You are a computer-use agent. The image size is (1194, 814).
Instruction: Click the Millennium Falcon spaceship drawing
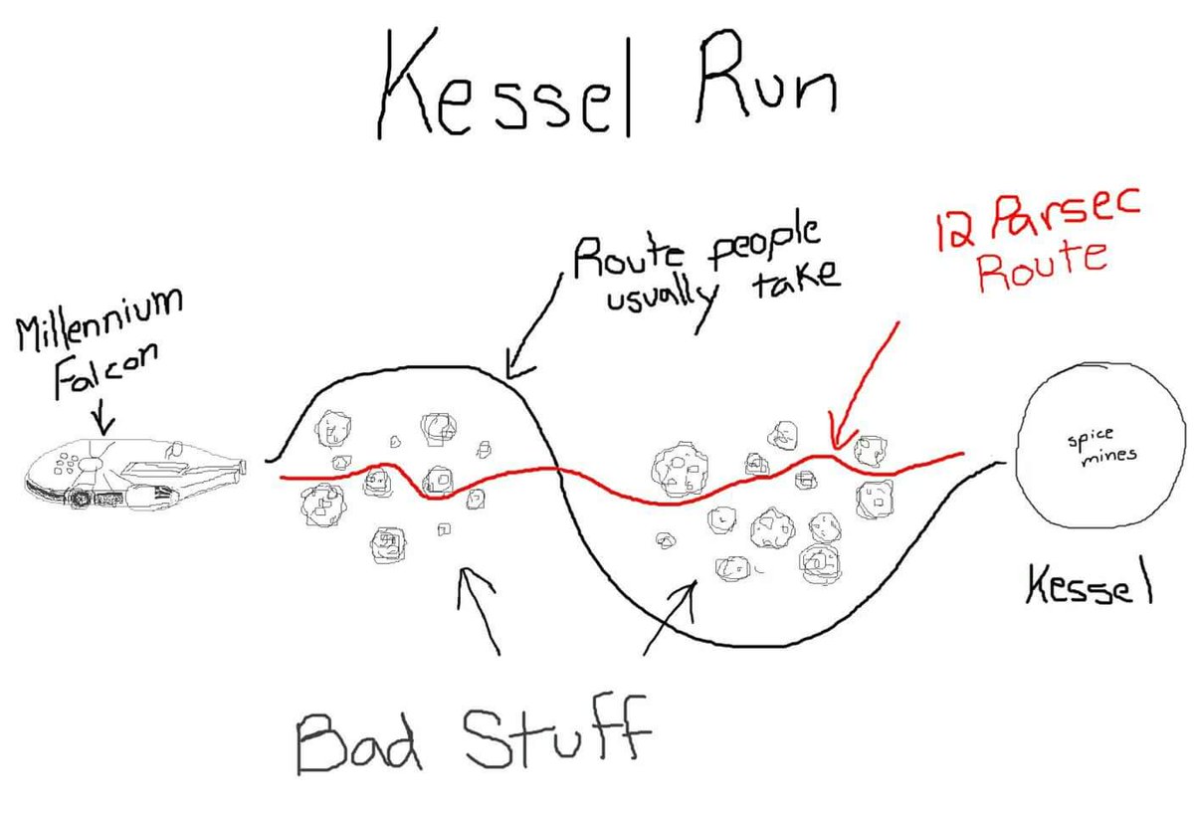click(135, 474)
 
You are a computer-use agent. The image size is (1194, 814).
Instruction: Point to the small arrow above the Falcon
click(103, 420)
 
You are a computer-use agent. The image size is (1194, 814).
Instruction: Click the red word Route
click(1042, 267)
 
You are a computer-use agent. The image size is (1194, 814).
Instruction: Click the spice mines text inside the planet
click(1101, 448)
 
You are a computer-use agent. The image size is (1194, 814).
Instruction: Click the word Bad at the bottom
click(358, 741)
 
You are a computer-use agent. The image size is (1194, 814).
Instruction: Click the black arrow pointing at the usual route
click(533, 326)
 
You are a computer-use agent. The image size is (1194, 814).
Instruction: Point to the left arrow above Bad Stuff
click(479, 611)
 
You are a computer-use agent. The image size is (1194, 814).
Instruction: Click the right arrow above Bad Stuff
click(670, 618)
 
